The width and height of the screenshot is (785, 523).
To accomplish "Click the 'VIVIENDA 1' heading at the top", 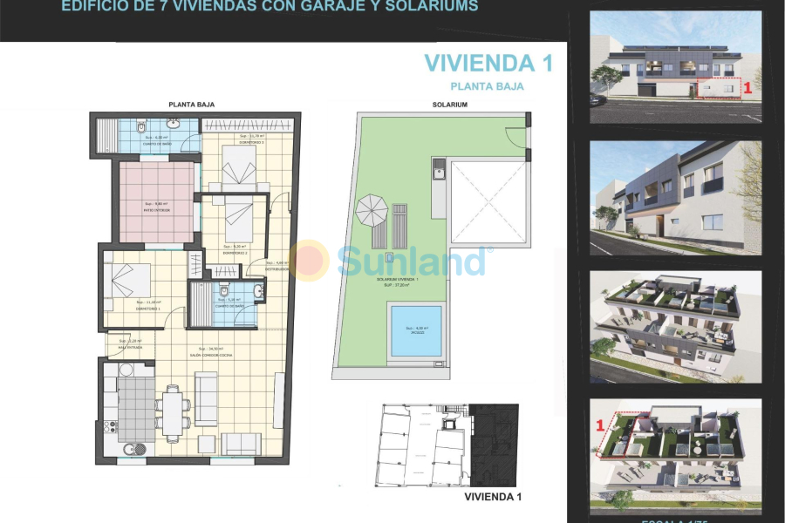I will (x=488, y=63).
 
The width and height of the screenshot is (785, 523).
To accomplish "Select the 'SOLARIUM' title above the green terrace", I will (x=450, y=105).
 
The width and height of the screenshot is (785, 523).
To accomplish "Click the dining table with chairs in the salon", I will (x=173, y=409).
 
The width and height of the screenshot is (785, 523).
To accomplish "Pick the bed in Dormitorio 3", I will (x=238, y=166).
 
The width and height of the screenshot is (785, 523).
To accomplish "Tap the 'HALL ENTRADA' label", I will (x=130, y=347).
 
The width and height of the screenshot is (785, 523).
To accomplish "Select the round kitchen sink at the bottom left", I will (x=131, y=450).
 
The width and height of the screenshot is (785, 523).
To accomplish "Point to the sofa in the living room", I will (x=207, y=399).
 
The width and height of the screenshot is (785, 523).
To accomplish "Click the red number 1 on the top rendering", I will (x=747, y=87).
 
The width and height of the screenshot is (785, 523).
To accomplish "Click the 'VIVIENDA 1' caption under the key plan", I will (x=493, y=497).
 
